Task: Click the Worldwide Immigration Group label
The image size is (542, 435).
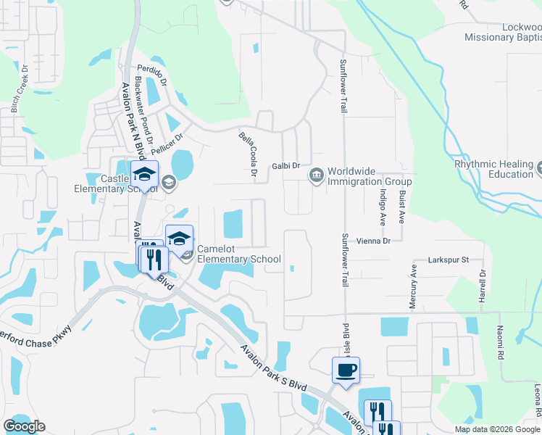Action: [x=370, y=176]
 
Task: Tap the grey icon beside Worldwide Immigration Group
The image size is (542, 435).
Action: [x=316, y=175]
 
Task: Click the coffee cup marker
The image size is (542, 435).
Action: [x=346, y=370]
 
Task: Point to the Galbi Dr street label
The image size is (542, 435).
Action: [x=285, y=166]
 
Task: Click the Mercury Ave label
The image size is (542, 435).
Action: [x=414, y=286]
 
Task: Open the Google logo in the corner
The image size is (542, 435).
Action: [x=24, y=426]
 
